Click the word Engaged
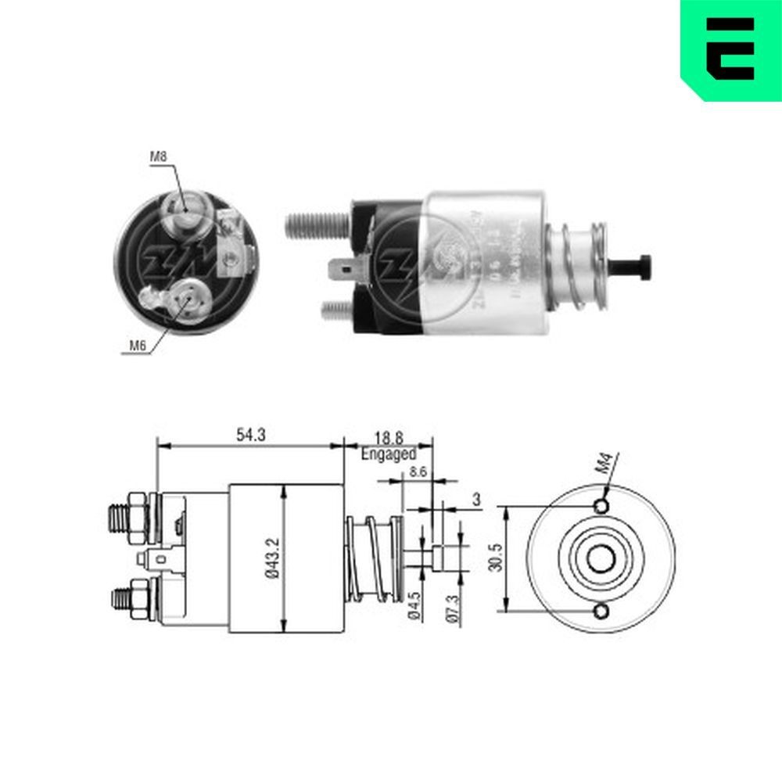pos(389,454)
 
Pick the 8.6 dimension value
pos(419,473)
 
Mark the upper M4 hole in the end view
pos(601,507)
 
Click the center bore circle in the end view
pos(601,559)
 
